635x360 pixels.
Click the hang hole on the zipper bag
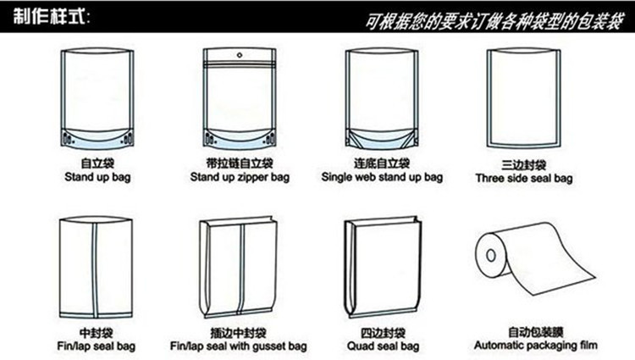tap(240, 55)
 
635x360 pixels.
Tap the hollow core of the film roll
tap(491, 255)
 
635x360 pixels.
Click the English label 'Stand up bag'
tap(97, 177)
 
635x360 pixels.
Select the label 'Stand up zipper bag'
tap(240, 177)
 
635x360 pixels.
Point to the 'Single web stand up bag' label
tap(382, 177)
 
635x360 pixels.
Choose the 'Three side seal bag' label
tap(524, 178)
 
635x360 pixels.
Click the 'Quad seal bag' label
tap(383, 346)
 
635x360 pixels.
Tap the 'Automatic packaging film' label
tap(535, 346)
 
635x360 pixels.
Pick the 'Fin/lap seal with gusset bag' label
tap(238, 346)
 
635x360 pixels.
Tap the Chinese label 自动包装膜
tap(535, 332)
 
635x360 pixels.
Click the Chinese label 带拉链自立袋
tap(240, 163)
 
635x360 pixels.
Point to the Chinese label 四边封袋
tap(383, 333)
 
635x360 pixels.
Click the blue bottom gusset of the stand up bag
tap(97, 139)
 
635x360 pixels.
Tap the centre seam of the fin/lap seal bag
tap(95, 269)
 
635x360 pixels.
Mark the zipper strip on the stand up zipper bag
tap(240, 64)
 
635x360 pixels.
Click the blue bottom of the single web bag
tap(382, 139)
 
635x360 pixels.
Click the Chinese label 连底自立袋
tap(382, 163)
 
